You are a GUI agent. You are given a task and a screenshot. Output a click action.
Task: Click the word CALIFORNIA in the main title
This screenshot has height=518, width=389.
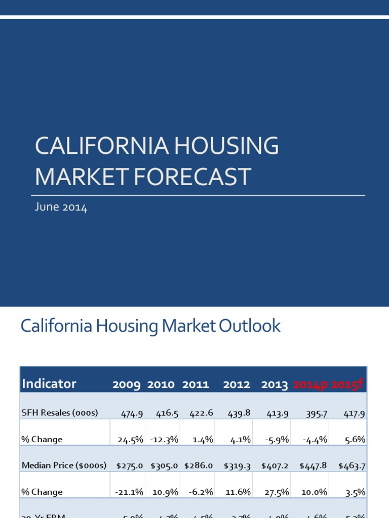pyautogui.click(x=102, y=146)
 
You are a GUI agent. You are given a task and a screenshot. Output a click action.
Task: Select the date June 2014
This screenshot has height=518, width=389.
pyautogui.click(x=61, y=207)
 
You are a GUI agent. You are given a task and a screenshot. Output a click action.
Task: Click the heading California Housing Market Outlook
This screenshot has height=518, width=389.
pyautogui.click(x=150, y=326)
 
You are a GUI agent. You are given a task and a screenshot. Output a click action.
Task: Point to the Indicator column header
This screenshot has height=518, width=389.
pyautogui.click(x=49, y=384)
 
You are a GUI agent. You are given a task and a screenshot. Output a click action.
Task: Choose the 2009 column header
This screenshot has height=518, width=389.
pyautogui.click(x=127, y=385)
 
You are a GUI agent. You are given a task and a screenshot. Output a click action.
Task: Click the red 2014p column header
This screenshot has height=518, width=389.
pyautogui.click(x=310, y=385)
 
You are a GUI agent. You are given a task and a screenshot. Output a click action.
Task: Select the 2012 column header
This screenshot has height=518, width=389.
pyautogui.click(x=237, y=385)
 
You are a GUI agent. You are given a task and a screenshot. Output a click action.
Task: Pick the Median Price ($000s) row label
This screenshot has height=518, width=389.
pyautogui.click(x=62, y=465)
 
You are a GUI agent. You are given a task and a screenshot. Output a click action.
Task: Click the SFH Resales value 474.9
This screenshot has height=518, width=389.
pyautogui.click(x=132, y=413)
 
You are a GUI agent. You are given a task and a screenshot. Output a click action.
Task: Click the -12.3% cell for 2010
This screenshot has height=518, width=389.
pyautogui.click(x=164, y=440)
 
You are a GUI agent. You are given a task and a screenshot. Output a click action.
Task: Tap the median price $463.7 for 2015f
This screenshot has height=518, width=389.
pyautogui.click(x=351, y=466)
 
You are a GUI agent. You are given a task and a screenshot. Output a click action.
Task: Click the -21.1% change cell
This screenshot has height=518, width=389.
pyautogui.click(x=130, y=492)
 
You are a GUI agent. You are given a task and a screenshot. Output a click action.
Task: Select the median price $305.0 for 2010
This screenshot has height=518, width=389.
pyautogui.click(x=164, y=466)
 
